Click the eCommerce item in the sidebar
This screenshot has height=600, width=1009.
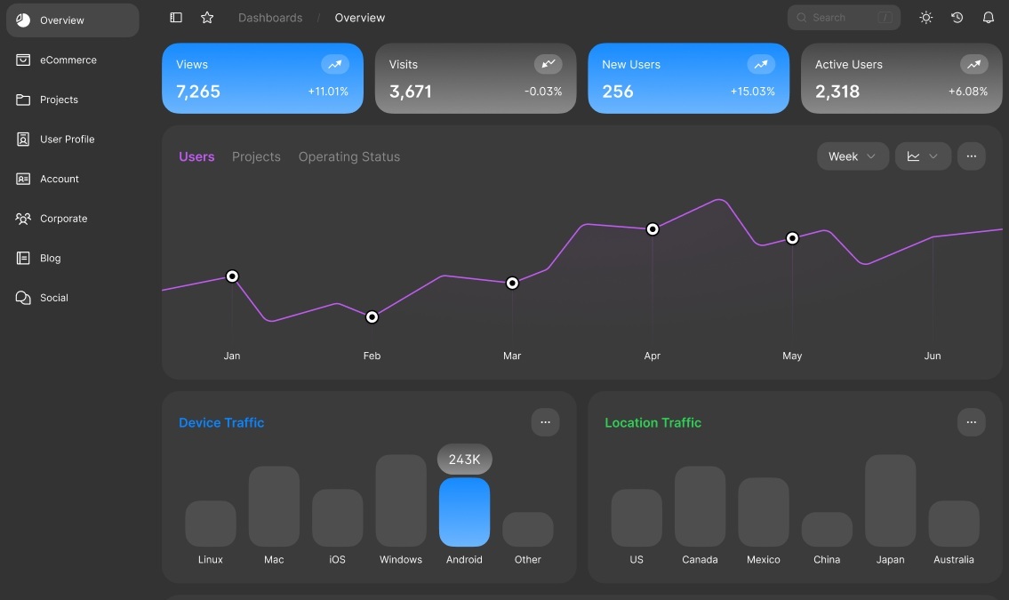(68, 60)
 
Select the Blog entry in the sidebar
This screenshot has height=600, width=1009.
(50, 259)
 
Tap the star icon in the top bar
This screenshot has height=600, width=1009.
(207, 18)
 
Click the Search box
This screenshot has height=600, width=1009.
(843, 18)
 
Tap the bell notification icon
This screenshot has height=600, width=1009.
(988, 18)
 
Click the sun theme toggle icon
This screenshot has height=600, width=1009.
(926, 18)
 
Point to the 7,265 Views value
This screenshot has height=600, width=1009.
(198, 92)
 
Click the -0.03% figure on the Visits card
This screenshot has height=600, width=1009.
(543, 92)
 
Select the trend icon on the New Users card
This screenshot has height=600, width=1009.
(760, 64)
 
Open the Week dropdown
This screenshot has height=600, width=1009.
(853, 156)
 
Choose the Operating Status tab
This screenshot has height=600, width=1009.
(349, 157)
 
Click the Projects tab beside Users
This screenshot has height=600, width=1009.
(256, 157)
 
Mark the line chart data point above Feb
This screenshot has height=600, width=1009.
(372, 317)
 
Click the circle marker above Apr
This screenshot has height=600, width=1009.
(653, 229)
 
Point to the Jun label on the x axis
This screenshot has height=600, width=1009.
(933, 356)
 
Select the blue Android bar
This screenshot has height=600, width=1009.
(464, 512)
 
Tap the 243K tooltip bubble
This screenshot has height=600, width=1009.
(464, 460)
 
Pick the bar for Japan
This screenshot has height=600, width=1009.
(890, 500)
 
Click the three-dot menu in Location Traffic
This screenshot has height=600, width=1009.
(971, 422)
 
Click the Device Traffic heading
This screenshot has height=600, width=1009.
(221, 423)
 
